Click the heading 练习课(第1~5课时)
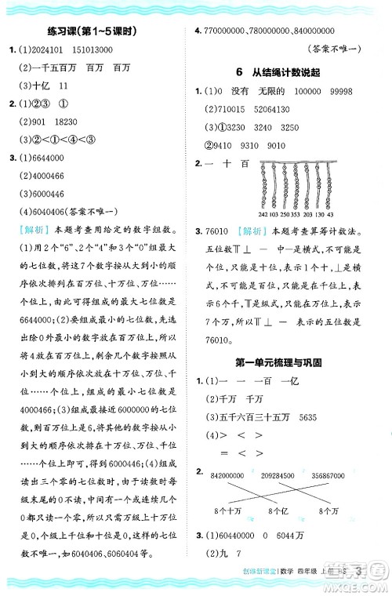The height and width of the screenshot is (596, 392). (99, 31)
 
